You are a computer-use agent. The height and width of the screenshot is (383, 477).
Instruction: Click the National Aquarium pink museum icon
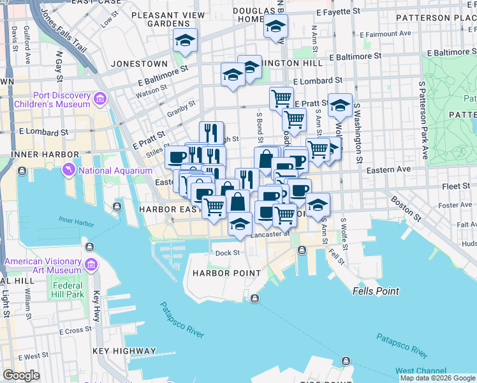coord(68,170)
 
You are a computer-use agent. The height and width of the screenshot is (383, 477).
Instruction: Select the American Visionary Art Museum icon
coord(91,264)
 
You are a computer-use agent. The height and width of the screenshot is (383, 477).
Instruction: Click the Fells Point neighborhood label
coord(376,291)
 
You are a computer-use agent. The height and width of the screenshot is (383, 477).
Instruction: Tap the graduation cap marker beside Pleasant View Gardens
coord(186,41)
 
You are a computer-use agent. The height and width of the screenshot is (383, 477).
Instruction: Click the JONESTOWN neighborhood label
coord(139,64)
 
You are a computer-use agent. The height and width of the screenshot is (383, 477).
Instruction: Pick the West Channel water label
coord(420,371)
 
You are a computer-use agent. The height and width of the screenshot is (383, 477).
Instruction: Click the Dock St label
coord(226,253)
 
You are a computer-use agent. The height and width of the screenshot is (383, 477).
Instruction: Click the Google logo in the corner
coord(22,375)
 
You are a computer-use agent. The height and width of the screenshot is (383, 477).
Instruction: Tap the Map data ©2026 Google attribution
coord(437,378)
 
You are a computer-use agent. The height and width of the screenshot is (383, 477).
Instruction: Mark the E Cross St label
coord(76,331)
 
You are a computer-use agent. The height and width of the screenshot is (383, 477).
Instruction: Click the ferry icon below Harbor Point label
coord(254,299)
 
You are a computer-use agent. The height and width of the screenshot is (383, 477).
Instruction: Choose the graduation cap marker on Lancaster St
coord(239,225)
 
